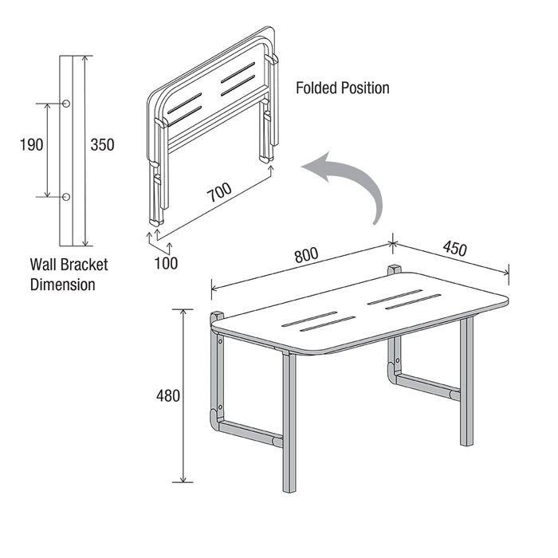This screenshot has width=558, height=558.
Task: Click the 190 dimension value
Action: click(31, 145)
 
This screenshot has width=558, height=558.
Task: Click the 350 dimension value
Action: click(103, 145)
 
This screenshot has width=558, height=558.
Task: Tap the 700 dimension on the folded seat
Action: click(219, 192)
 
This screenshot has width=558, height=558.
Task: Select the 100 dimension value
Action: click(166, 263)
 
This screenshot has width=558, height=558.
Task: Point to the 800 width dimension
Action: click(306, 254)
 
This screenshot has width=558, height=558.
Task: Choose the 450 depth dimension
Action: click(455, 248)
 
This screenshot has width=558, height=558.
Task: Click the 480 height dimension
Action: click(168, 395)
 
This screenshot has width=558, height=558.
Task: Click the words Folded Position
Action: click(343, 88)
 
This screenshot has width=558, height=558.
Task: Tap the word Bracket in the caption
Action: click(84, 265)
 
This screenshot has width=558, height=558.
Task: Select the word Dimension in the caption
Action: click(63, 285)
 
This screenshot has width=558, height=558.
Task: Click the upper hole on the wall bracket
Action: click(66, 104)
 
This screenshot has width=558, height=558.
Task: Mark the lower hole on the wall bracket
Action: click(66, 197)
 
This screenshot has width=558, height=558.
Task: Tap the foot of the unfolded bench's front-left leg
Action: click(289, 489)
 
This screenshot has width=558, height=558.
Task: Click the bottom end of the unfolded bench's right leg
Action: click(466, 443)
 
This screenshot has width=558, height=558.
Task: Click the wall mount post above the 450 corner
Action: click(395, 269)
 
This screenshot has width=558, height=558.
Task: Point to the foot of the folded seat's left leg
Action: click(156, 222)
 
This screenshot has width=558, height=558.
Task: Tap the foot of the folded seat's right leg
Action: click(266, 159)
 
